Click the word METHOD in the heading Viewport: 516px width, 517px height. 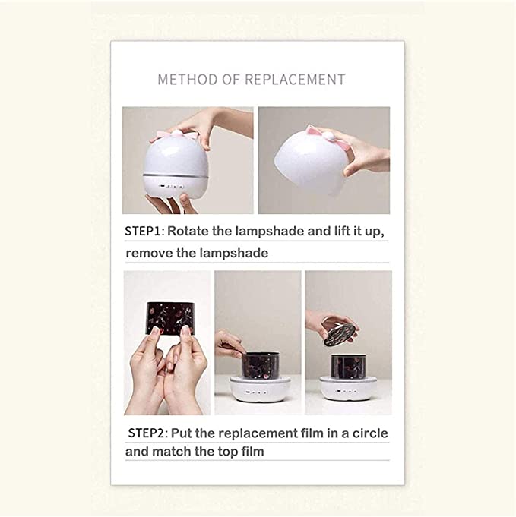click(x=188, y=80)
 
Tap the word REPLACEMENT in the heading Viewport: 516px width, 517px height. click(x=295, y=80)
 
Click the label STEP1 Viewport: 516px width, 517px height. click(x=143, y=231)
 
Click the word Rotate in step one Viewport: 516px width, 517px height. click(x=188, y=231)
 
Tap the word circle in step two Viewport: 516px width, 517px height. click(x=370, y=433)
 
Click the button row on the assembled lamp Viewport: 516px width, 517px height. click(x=171, y=186)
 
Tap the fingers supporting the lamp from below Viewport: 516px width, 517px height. click(x=172, y=203)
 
